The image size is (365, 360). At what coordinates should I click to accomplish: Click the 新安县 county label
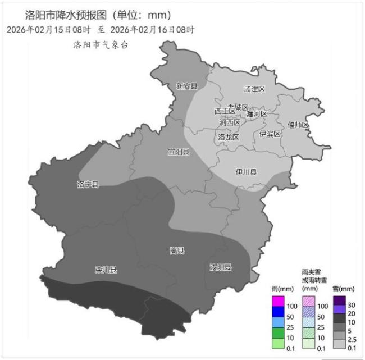[x=186, y=86]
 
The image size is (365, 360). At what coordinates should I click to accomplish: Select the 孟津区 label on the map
[x=254, y=89]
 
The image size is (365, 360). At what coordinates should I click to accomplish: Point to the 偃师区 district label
[x=298, y=125]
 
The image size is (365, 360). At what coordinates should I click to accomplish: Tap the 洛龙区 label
[x=229, y=137]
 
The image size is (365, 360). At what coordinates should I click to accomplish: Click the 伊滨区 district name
[x=270, y=134]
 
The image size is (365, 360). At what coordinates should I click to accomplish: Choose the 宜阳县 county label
[x=179, y=152]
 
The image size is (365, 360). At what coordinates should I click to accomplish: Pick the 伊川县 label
[x=246, y=172]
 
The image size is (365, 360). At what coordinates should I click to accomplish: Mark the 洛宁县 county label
[x=88, y=184]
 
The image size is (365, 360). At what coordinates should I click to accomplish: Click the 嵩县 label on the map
[x=177, y=250]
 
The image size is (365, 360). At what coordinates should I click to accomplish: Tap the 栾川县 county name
[x=106, y=270]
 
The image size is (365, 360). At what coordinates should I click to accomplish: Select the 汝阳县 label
[x=221, y=267]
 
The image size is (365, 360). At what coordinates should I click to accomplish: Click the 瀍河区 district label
[x=257, y=114]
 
